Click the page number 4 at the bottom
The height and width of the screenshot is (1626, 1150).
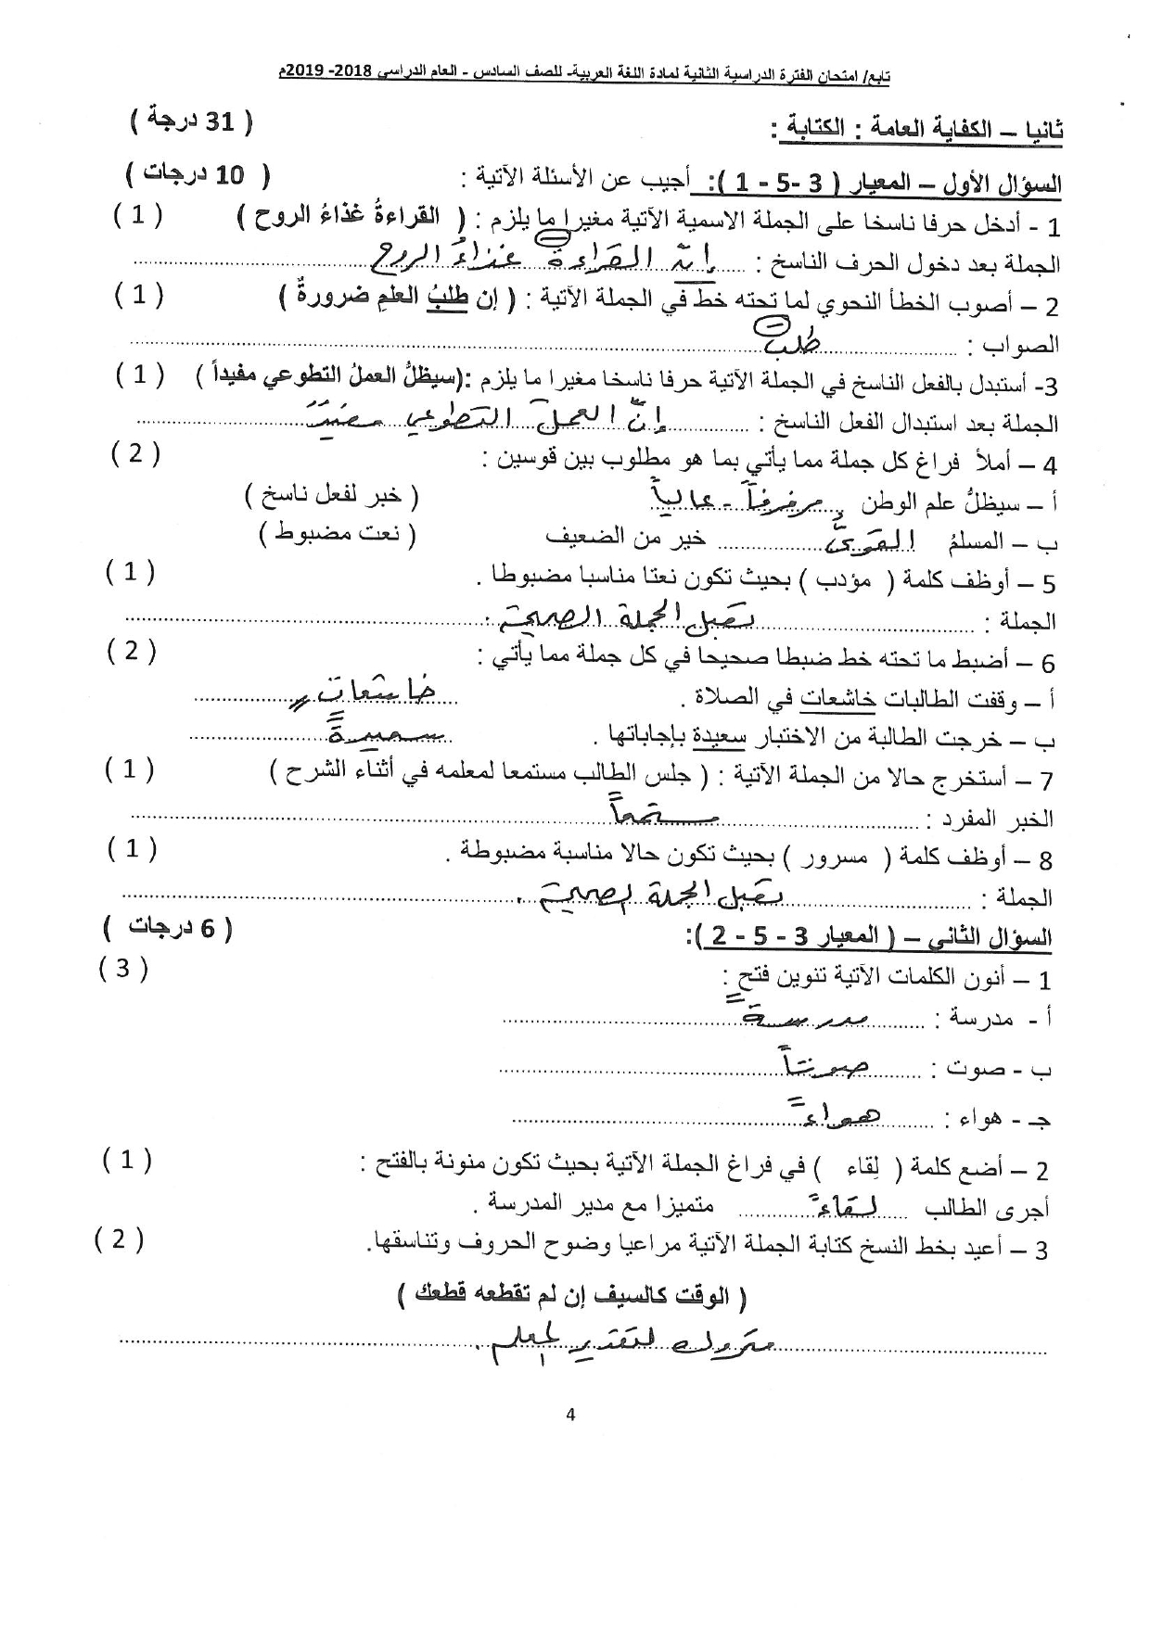pos(570,1415)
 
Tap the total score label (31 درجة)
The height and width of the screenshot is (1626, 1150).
pos(191,121)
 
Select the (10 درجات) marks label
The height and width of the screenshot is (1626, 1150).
pos(198,174)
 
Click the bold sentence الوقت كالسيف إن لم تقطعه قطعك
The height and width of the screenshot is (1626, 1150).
pos(570,1295)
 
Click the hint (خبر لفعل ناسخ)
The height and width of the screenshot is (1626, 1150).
pos(332,497)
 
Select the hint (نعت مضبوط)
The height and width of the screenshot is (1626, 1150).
pos(338,534)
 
